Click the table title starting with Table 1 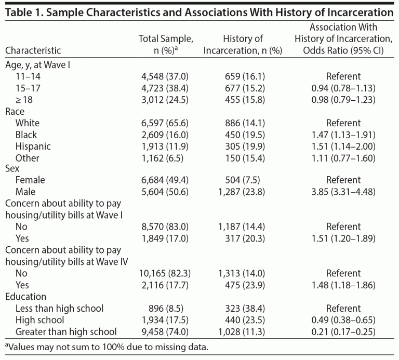[x=199, y=11]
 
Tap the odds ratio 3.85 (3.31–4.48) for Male [x=343, y=192]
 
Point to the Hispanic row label [x=33, y=146]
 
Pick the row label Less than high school [x=59, y=308]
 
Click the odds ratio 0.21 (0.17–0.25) [x=343, y=331]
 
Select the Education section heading [x=25, y=297]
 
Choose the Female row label [x=30, y=180]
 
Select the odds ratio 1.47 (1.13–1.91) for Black [x=343, y=135]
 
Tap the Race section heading [x=15, y=111]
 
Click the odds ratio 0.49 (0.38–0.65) [x=343, y=320]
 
